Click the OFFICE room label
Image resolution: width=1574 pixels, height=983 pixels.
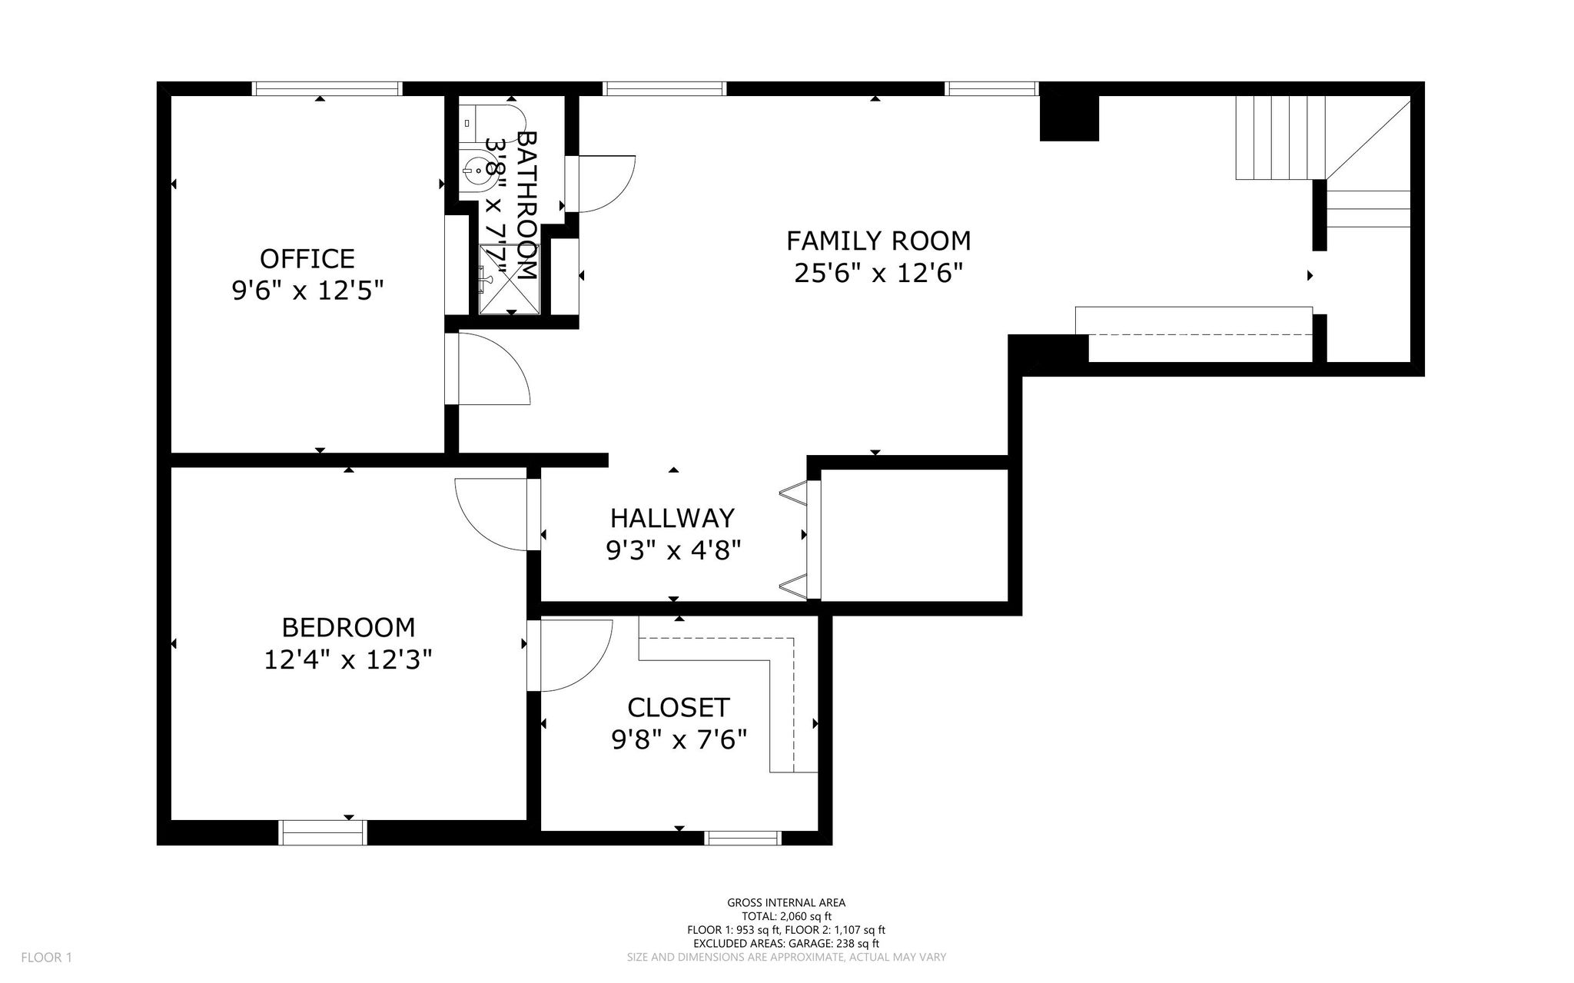pyautogui.click(x=307, y=258)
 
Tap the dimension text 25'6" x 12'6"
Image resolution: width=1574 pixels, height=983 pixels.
pyautogui.click(x=878, y=274)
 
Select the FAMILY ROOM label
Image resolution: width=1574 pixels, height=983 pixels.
pyautogui.click(x=878, y=241)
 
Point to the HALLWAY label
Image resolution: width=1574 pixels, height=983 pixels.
pyautogui.click(x=672, y=519)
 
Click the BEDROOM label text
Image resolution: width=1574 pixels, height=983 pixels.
pyautogui.click(x=348, y=628)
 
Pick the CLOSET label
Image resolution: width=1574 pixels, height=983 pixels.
pyautogui.click(x=679, y=707)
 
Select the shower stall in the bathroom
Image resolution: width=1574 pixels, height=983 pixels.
pyautogui.click(x=510, y=279)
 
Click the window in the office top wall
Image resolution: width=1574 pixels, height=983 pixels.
pyautogui.click(x=327, y=88)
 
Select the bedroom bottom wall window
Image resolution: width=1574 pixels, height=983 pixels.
pyautogui.click(x=323, y=833)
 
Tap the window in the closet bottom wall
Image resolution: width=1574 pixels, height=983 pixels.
pyautogui.click(x=743, y=839)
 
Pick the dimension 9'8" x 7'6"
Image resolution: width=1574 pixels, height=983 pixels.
pyautogui.click(x=679, y=740)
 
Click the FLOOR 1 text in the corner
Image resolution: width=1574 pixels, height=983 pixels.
pyautogui.click(x=46, y=958)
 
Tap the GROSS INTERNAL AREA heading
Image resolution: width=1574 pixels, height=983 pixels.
pyautogui.click(x=786, y=903)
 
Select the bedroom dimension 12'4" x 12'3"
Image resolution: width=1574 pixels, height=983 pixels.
pyautogui.click(x=348, y=660)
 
